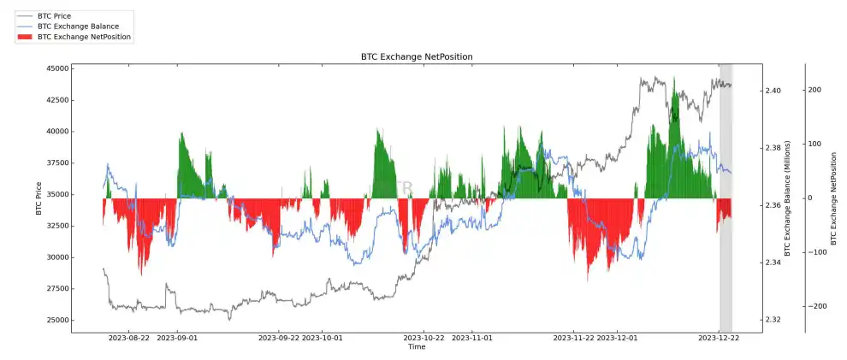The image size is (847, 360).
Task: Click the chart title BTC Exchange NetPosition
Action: [x=416, y=56]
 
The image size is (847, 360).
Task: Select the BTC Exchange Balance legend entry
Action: [x=78, y=27]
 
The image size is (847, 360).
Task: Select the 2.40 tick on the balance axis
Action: [x=773, y=91]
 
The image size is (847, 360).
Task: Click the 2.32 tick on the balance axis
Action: [x=773, y=320]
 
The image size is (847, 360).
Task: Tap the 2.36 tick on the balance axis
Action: [x=773, y=205]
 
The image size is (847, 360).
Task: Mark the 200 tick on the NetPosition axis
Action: [x=814, y=90]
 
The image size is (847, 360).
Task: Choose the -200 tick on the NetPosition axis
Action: [x=812, y=306]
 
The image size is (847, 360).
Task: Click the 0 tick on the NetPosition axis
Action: [x=809, y=198]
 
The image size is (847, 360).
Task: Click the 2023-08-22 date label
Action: [x=129, y=338]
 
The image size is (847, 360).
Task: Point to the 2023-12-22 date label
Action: [x=719, y=338]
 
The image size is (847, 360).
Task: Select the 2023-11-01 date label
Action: [x=471, y=338]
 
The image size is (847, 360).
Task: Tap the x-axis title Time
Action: [x=416, y=347]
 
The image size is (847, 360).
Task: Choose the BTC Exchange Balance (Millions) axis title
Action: [x=788, y=198]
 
